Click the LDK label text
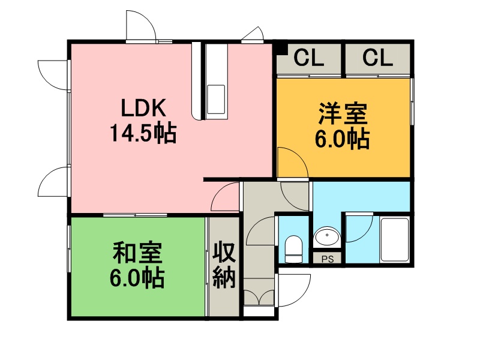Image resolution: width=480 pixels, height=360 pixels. [x=143, y=108]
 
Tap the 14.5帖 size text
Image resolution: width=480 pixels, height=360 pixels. [x=143, y=133]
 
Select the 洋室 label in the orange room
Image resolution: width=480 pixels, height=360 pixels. [x=343, y=114]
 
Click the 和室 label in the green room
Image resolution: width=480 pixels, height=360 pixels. [x=137, y=253]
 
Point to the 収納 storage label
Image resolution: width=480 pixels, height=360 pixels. [x=224, y=265]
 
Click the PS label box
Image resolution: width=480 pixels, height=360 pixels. [x=327, y=259]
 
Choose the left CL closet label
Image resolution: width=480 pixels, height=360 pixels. [x=309, y=58]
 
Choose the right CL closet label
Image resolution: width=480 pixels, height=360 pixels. [x=378, y=58]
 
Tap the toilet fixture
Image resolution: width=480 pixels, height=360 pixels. [x=293, y=249]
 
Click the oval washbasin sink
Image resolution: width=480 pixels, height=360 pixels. [x=327, y=236]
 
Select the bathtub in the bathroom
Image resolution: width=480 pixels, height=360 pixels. [x=395, y=239]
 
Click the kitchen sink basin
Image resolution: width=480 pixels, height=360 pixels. [x=216, y=99]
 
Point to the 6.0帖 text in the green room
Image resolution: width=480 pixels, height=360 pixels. [x=137, y=278]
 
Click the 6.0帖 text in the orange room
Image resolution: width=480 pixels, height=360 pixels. [x=343, y=139]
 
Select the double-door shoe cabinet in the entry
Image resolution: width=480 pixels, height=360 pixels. [x=259, y=298]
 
